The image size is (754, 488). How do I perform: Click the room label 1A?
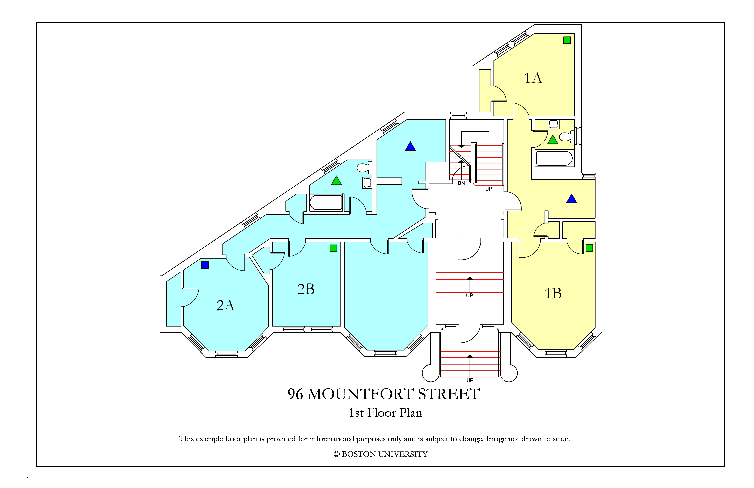tap(533, 78)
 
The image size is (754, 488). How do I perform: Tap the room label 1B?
tap(553, 293)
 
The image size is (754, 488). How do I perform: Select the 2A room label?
tap(225, 306)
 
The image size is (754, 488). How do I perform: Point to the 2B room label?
tap(306, 289)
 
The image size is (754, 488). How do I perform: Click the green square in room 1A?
tap(567, 40)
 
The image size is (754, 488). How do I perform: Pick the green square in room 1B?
tap(589, 248)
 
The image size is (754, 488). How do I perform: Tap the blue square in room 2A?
tap(205, 265)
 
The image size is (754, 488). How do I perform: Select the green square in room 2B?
tap(333, 248)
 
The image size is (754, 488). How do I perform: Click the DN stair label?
tap(461, 183)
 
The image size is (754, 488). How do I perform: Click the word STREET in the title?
tap(449, 394)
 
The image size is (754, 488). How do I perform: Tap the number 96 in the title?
tap(295, 394)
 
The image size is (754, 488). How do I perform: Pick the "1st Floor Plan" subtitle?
tap(386, 413)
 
